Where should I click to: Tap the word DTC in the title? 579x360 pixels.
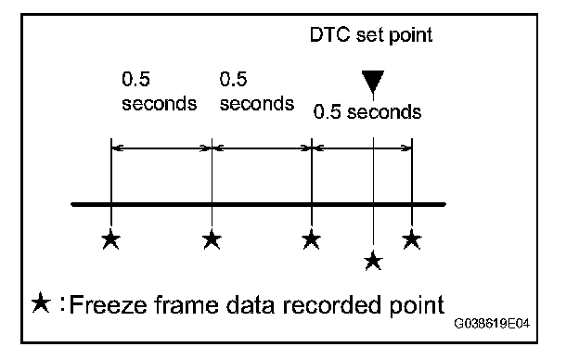[x=329, y=34]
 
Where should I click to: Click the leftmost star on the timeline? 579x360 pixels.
[x=110, y=239]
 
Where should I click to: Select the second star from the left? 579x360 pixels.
[x=212, y=239]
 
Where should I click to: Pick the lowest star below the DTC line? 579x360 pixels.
[x=373, y=261]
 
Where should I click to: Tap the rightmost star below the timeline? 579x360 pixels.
[x=412, y=239]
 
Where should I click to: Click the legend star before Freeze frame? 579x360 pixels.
[x=41, y=302]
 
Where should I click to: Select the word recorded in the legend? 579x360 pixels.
[x=333, y=305]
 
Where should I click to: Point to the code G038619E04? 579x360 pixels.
[x=492, y=324]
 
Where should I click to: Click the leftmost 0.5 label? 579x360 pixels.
[x=135, y=79]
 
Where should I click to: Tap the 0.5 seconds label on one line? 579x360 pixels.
[x=367, y=111]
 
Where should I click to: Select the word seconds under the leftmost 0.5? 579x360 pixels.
[x=160, y=104]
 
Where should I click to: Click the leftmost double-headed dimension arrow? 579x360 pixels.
[x=161, y=148]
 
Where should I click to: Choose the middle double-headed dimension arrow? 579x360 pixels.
[x=262, y=148]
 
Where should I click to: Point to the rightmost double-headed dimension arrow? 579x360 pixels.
[x=362, y=148]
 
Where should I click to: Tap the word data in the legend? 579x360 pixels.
[x=251, y=305]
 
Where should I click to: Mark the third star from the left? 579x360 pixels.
[x=311, y=239]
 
